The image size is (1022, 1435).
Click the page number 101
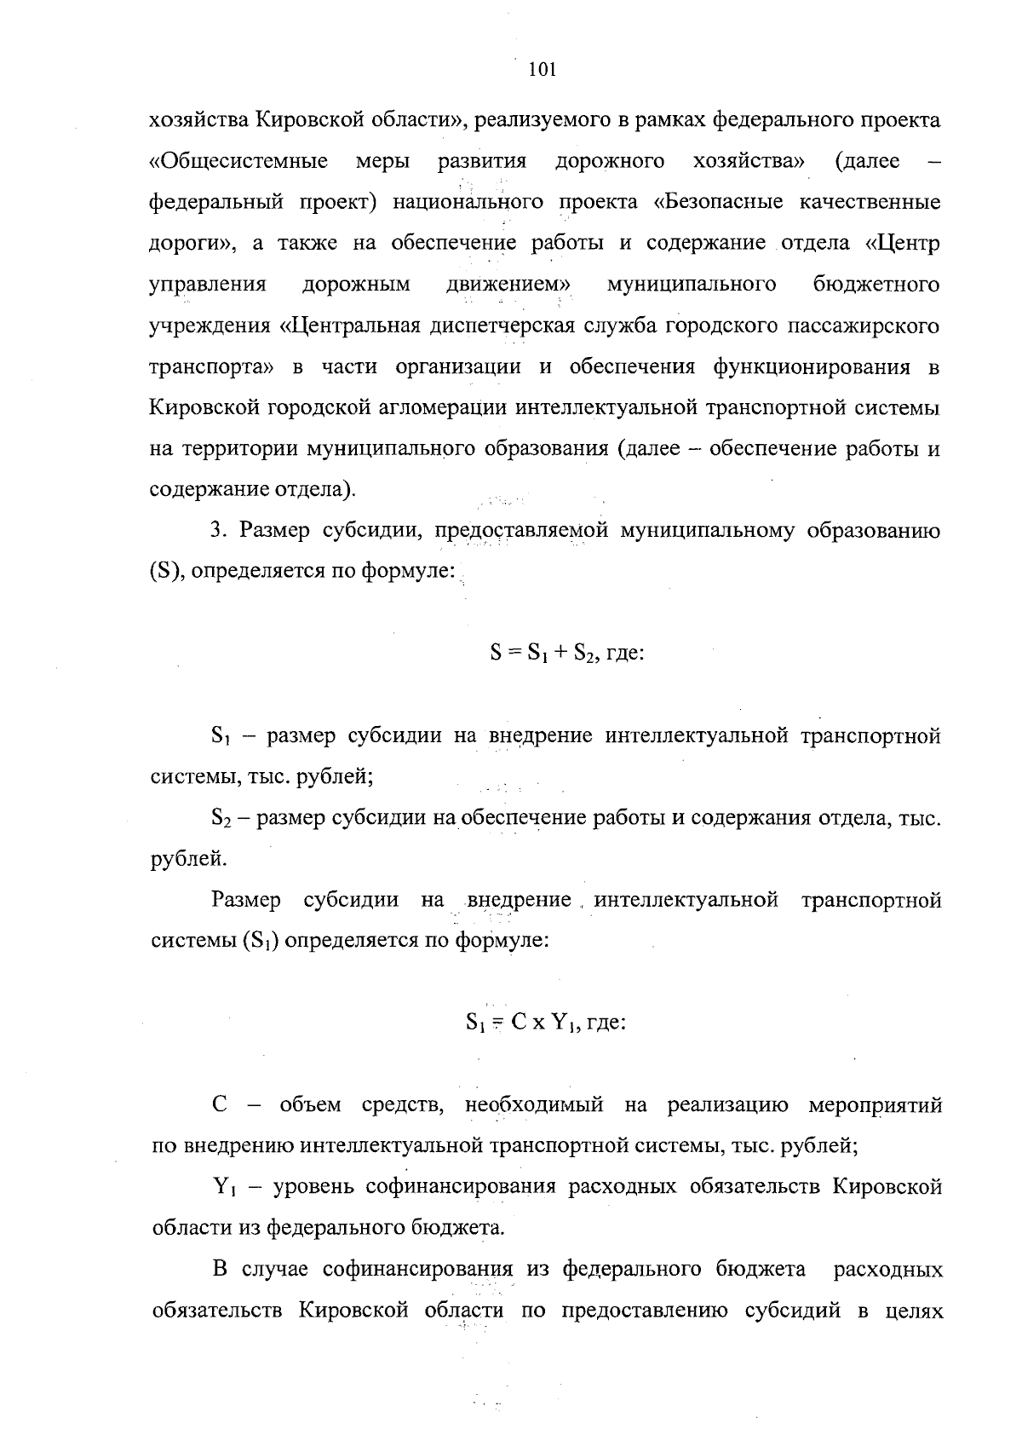coord(542,71)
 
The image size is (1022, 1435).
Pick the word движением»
coord(508,284)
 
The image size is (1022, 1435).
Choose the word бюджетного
coord(876,284)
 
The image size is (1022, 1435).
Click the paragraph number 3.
coord(217,531)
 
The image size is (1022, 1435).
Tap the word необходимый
coord(535,1105)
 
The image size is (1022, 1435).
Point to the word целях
coord(914,1310)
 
